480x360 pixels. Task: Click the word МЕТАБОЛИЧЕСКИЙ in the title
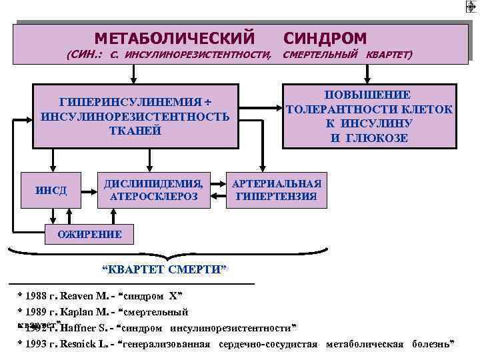tap(175, 37)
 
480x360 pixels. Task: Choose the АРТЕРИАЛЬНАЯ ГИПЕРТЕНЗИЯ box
tap(276, 190)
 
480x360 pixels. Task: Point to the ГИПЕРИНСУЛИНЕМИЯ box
tap(135, 116)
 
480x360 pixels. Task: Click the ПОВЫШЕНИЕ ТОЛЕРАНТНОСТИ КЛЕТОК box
tap(369, 116)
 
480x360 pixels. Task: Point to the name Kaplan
tap(83, 311)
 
